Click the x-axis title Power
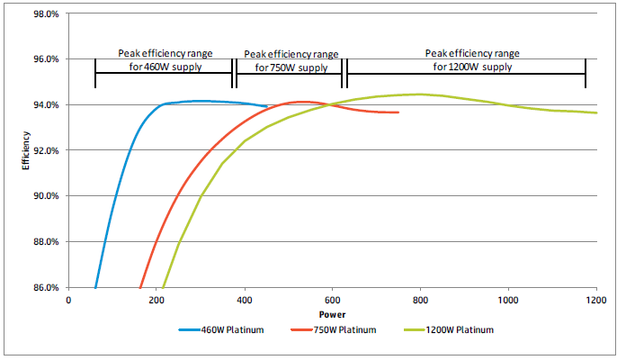pyautogui.click(x=332, y=315)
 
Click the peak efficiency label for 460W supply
pyautogui.click(x=162, y=59)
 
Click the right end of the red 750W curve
pyautogui.click(x=398, y=112)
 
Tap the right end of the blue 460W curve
pyautogui.click(x=267, y=106)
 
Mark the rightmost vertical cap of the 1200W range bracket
pyautogui.click(x=586, y=73)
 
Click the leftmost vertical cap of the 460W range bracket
pyautogui.click(x=95, y=73)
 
